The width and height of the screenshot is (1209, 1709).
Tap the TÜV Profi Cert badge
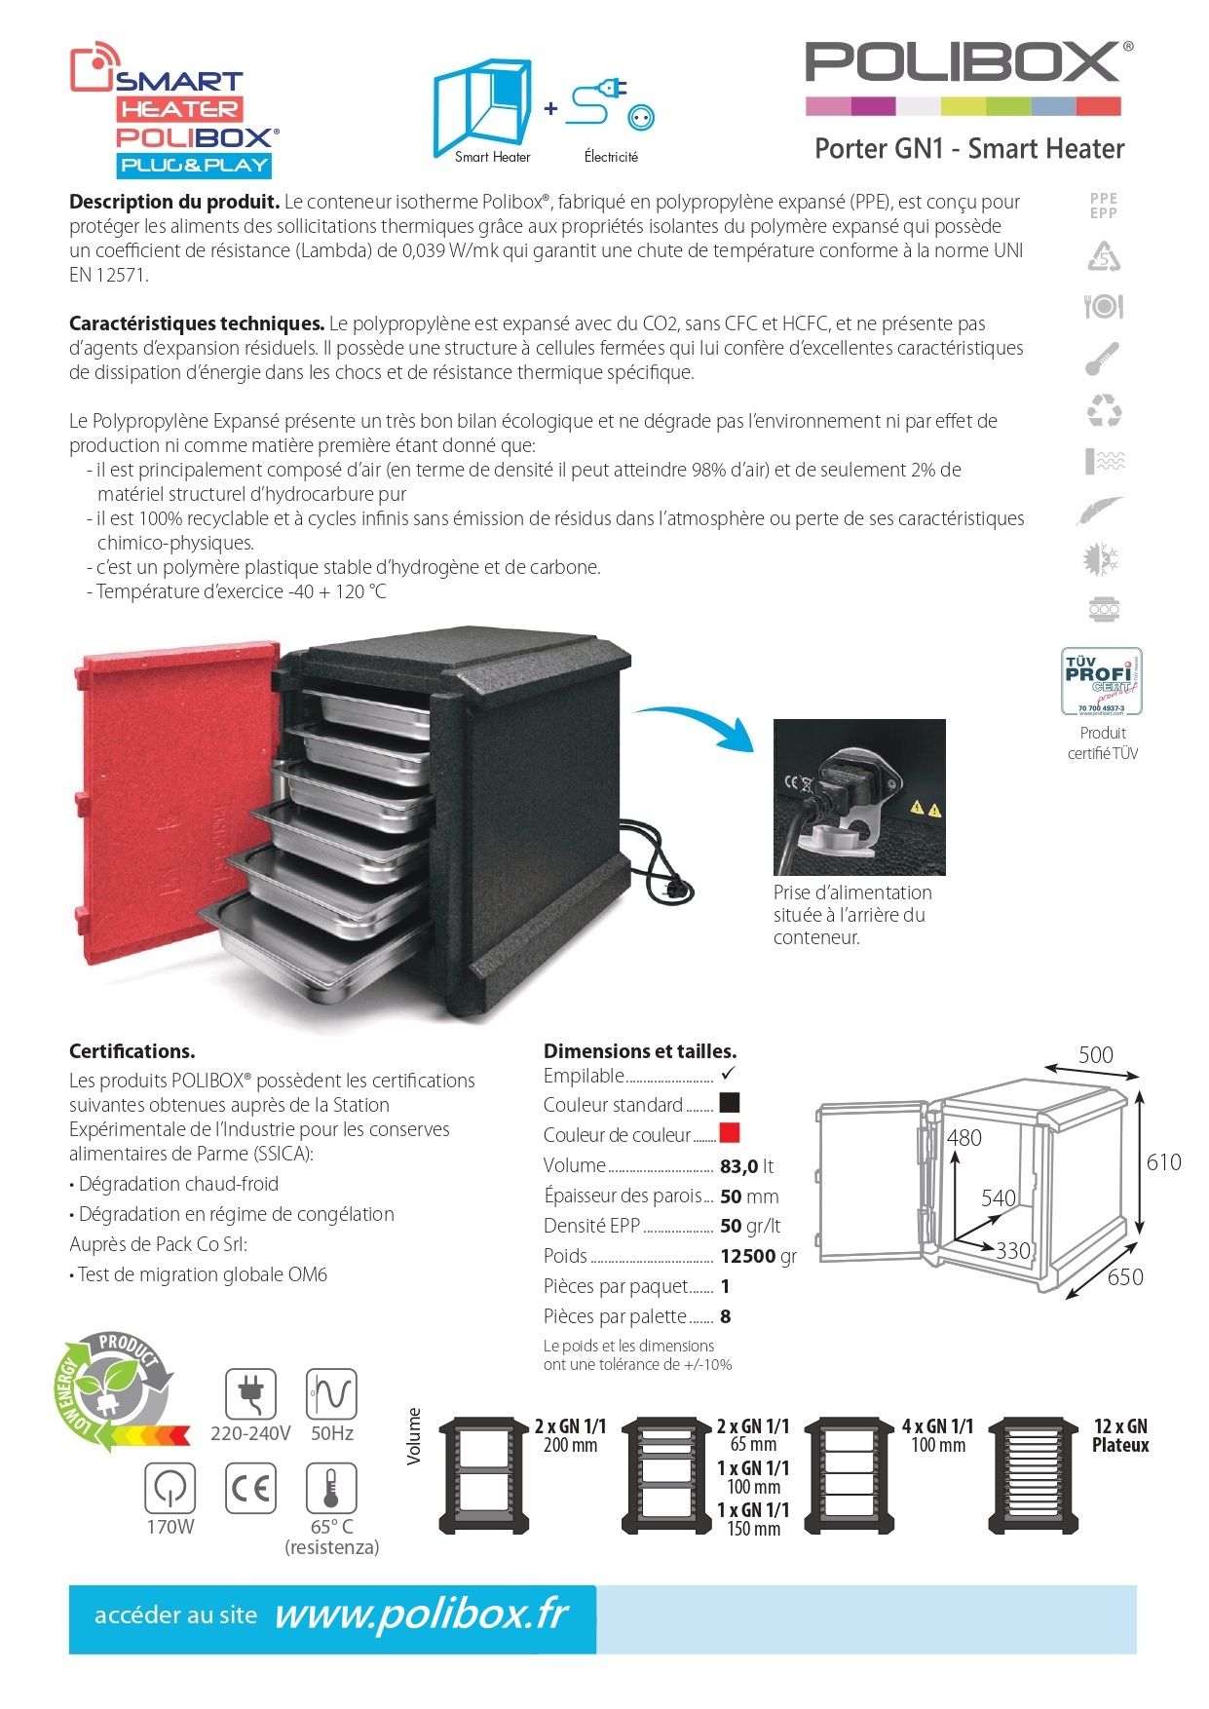point(1102,681)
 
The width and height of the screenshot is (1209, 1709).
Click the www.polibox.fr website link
point(421,1615)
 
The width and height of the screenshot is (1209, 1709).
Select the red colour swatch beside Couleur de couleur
point(729,1133)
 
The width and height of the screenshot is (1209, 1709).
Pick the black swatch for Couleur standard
point(729,1103)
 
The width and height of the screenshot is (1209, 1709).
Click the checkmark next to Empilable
point(727,1074)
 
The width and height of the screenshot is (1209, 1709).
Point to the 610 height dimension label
point(1163,1162)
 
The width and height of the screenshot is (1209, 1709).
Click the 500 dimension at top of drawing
point(1095,1055)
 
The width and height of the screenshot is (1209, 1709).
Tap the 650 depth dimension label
point(1125,1277)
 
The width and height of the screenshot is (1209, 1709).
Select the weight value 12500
point(747,1257)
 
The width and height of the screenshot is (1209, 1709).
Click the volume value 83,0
point(739,1166)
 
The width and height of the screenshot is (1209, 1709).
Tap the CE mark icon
point(250,1489)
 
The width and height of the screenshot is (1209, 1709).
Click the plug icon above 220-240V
point(250,1394)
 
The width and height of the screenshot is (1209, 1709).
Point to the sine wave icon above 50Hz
point(331,1394)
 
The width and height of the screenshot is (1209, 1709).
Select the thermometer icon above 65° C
point(331,1489)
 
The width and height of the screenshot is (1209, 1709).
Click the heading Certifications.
point(132,1051)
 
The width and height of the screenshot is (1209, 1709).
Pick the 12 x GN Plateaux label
point(1119,1436)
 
